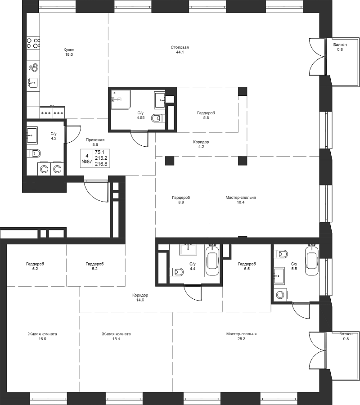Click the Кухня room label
click(x=69, y=49)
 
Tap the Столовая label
click(x=180, y=47)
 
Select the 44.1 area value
click(x=180, y=52)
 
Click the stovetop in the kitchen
click(x=33, y=43)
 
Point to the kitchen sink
click(x=33, y=83)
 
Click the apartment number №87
click(x=87, y=162)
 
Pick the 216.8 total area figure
click(x=101, y=164)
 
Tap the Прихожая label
click(x=95, y=140)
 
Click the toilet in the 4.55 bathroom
click(x=157, y=118)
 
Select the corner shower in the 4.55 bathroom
click(x=121, y=100)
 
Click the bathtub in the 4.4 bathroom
click(x=213, y=261)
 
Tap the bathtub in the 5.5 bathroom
click(x=311, y=261)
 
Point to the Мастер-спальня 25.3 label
click(x=242, y=336)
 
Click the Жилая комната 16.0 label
click(x=42, y=336)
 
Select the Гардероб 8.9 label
click(x=181, y=200)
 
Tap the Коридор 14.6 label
click(x=140, y=297)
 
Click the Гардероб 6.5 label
click(x=247, y=266)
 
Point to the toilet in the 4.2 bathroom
click(x=34, y=153)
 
